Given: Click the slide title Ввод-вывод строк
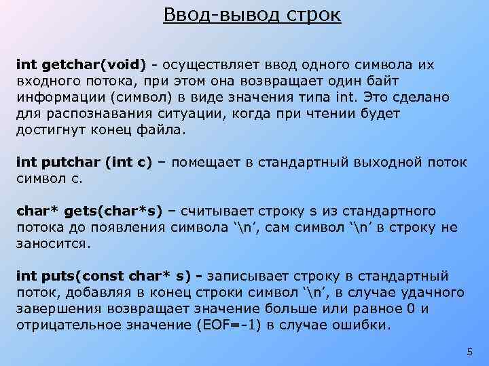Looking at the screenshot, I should [x=252, y=14].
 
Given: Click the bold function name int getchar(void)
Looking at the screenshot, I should [x=81, y=64].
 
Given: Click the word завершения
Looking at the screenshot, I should [x=58, y=308].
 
